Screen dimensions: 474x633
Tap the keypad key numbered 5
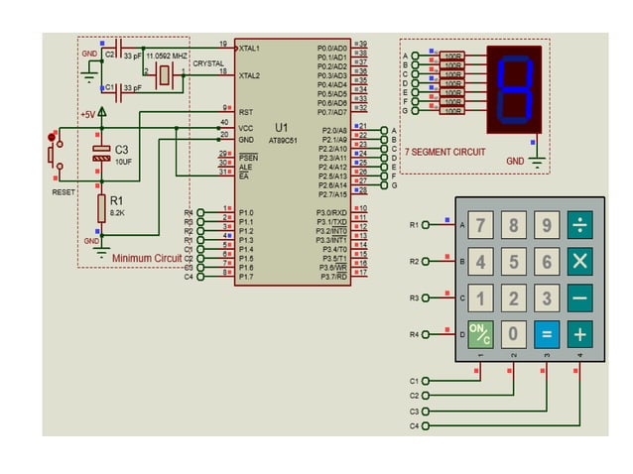pos(514,262)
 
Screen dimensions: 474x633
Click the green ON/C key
pos(480,334)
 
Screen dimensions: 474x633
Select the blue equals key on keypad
pos(547,334)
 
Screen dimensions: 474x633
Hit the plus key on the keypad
pos(580,334)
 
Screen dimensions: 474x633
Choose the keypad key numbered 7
pos(480,225)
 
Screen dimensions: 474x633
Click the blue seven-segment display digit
pos(515,88)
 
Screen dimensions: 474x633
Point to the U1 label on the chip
pos(282,128)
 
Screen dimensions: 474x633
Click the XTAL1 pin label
pos(249,48)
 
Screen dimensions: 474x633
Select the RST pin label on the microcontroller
pos(244,111)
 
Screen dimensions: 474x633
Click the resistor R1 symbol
pos(101,209)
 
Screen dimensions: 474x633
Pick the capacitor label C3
pos(122,150)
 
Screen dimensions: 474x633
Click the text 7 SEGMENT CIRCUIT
pos(445,152)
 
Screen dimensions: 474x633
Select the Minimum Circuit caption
pos(147,259)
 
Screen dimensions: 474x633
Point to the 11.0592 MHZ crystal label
pos(166,57)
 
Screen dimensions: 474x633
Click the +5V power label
pos(88,114)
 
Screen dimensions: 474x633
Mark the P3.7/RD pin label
pos(331,277)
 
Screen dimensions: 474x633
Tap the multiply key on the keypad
pos(580,262)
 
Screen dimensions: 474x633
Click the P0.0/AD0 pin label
pos(331,48)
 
